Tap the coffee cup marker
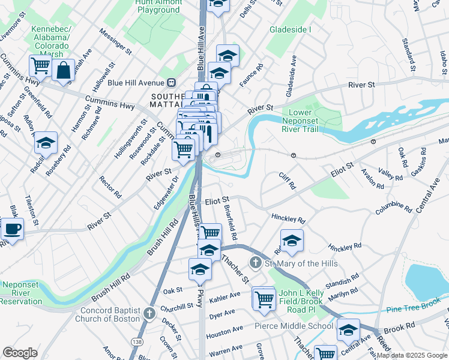12,229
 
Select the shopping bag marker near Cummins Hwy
63,71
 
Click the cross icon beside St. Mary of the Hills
255,263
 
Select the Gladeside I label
291,29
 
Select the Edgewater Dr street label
166,192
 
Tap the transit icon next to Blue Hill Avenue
172,83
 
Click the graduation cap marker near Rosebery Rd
46,143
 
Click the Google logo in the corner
20,353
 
